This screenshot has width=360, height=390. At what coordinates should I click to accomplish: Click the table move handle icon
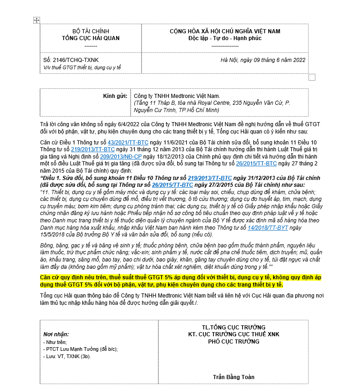(37, 20)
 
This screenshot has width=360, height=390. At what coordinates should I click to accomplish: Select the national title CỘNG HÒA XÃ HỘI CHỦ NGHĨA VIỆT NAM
(225, 31)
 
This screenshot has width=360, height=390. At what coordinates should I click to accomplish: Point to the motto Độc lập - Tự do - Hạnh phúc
(225, 38)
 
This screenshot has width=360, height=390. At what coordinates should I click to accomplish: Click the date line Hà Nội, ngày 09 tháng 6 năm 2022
(263, 60)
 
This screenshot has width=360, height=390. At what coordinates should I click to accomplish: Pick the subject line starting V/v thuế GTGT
(82, 67)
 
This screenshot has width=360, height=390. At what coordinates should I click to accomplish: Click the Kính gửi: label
(116, 96)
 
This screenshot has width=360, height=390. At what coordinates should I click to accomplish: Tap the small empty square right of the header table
(312, 77)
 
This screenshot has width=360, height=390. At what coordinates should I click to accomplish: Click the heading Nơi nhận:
(56, 334)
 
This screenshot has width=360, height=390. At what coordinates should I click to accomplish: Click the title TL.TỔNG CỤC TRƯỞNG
(233, 328)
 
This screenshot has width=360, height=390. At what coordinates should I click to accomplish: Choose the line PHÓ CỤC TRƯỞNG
(233, 341)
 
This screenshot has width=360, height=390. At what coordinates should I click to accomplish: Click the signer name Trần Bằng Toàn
(233, 377)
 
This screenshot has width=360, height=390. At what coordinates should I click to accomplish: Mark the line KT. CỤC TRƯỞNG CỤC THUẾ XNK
(233, 334)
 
